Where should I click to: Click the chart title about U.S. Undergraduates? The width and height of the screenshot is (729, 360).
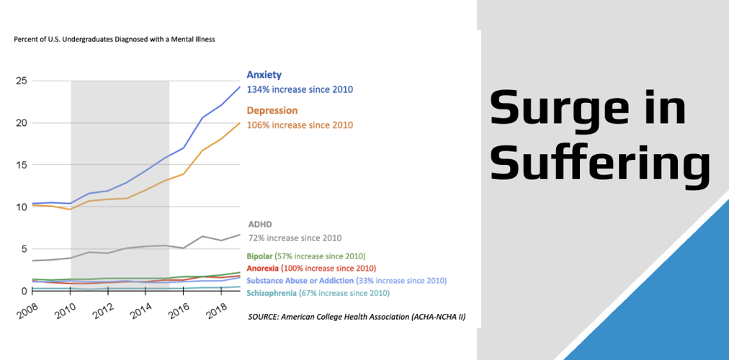115,40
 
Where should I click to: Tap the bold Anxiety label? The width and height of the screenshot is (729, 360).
264,75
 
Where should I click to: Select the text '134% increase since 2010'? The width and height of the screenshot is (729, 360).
300,90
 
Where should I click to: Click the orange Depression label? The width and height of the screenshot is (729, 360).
272,111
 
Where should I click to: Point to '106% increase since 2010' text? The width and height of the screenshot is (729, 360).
300,125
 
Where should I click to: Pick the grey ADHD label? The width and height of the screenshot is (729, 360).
259,225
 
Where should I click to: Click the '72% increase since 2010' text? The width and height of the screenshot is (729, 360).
295,238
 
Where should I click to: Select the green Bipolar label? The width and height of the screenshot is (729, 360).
260,256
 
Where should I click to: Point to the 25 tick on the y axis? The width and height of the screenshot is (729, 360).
22,81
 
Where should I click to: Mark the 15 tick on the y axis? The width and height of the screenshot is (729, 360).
22,165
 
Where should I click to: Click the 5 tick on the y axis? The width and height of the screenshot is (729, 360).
24,249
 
